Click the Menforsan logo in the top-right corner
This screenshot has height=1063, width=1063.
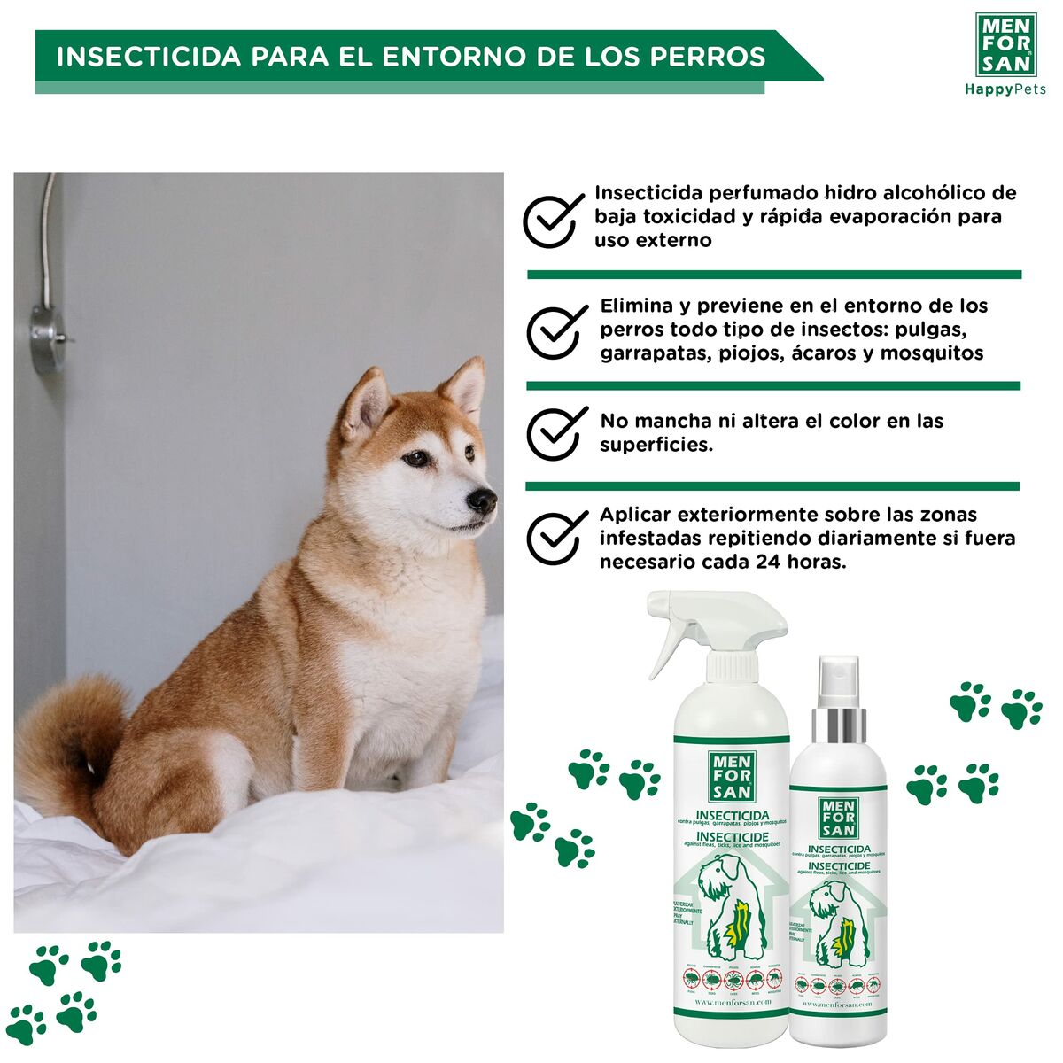[1005, 44]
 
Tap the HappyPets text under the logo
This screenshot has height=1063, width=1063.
[1005, 89]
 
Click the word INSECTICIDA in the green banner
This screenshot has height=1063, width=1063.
[148, 57]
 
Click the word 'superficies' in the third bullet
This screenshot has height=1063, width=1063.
[656, 445]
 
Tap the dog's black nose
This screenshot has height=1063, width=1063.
[483, 501]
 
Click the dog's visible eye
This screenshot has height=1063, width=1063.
[415, 459]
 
